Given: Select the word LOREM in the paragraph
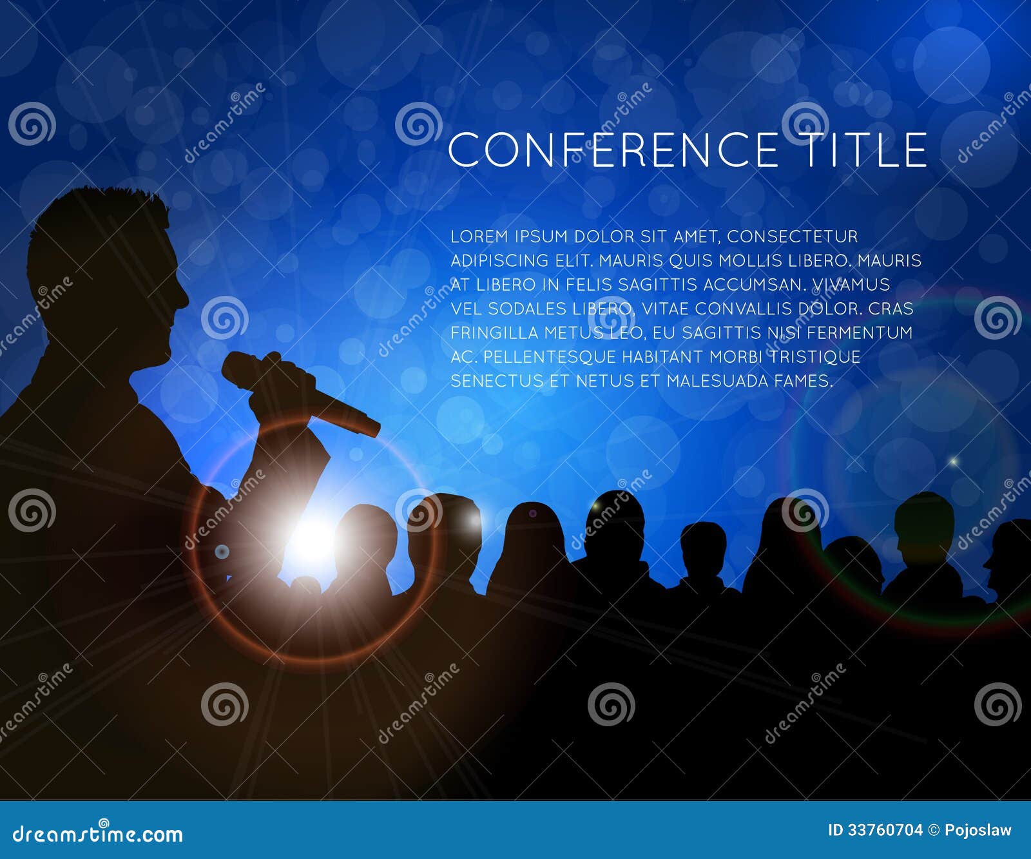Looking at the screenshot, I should click(x=479, y=236).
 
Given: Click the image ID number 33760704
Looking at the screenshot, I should click(x=884, y=830).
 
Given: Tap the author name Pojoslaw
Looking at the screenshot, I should click(x=978, y=830).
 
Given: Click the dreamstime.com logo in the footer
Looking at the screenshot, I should click(x=98, y=834).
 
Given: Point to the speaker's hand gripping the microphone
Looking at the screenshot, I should click(x=277, y=387).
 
